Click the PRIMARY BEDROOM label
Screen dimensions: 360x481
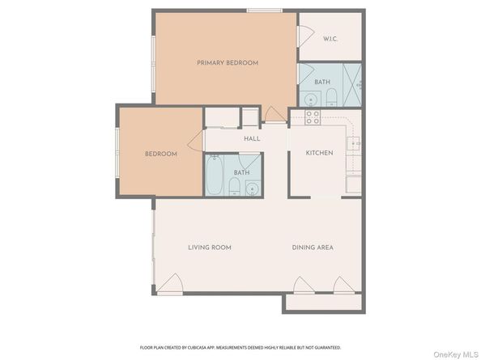click(227, 63)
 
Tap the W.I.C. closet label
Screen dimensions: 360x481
click(330, 39)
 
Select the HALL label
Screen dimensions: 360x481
click(251, 138)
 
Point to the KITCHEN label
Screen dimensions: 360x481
click(319, 153)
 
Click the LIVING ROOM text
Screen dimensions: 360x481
click(210, 247)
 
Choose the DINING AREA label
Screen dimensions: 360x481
click(313, 247)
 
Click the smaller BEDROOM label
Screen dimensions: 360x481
click(160, 154)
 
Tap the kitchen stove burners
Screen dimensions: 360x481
click(313, 118)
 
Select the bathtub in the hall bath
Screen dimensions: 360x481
click(215, 177)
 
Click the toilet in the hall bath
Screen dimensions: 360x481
click(234, 188)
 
